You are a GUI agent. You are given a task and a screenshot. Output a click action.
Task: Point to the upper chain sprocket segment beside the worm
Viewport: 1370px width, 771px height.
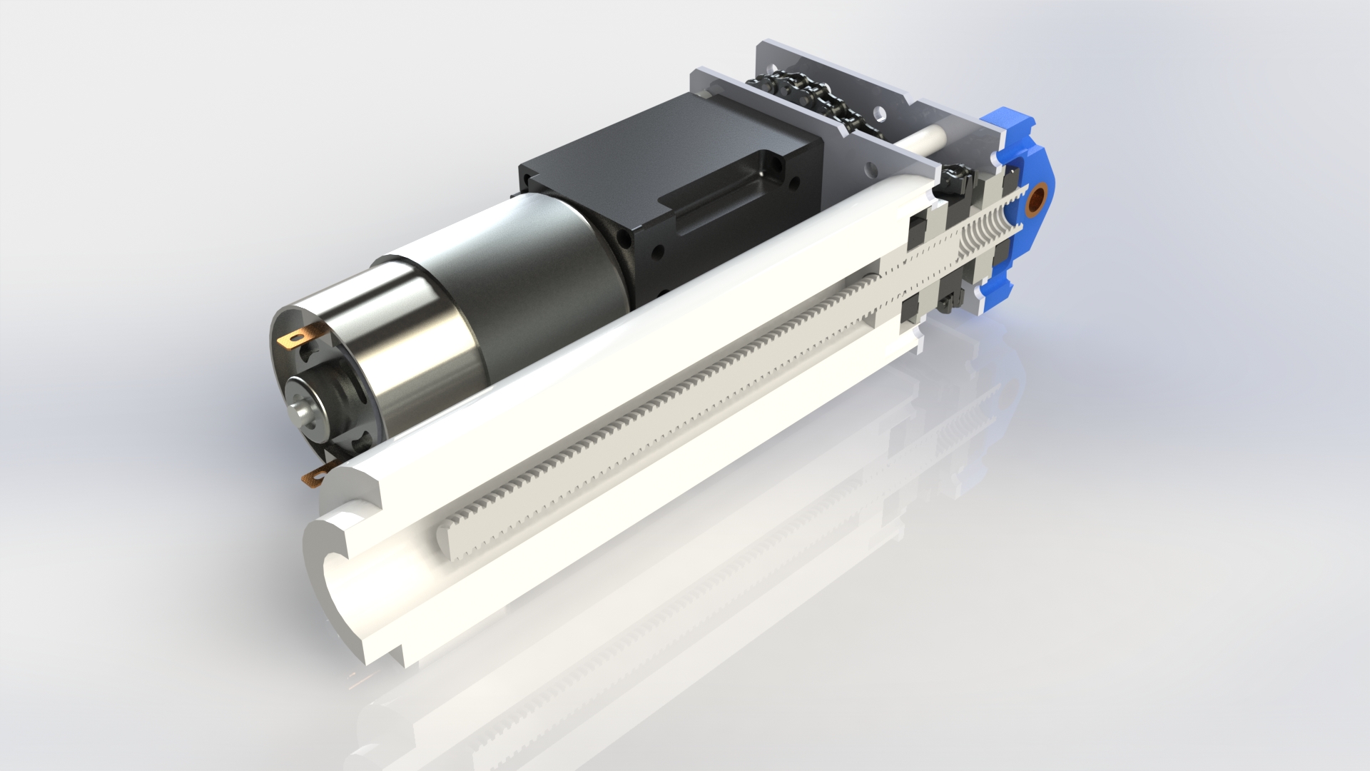(x=956, y=179)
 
